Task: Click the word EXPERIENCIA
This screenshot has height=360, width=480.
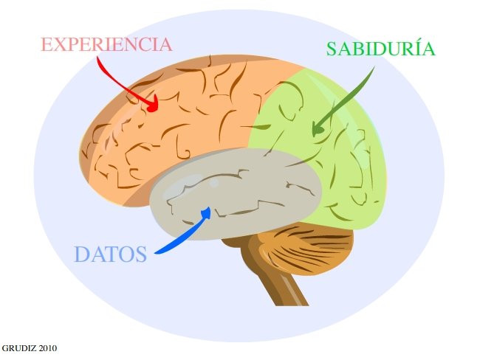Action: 106,44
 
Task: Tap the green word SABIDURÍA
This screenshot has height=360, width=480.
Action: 380,49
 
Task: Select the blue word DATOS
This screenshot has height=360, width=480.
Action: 110,255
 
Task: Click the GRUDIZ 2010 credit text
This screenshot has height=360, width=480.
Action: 29,347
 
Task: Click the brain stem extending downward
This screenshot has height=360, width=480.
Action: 281,284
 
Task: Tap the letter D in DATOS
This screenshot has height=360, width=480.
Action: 81,255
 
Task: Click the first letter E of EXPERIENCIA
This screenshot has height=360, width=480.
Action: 47,44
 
